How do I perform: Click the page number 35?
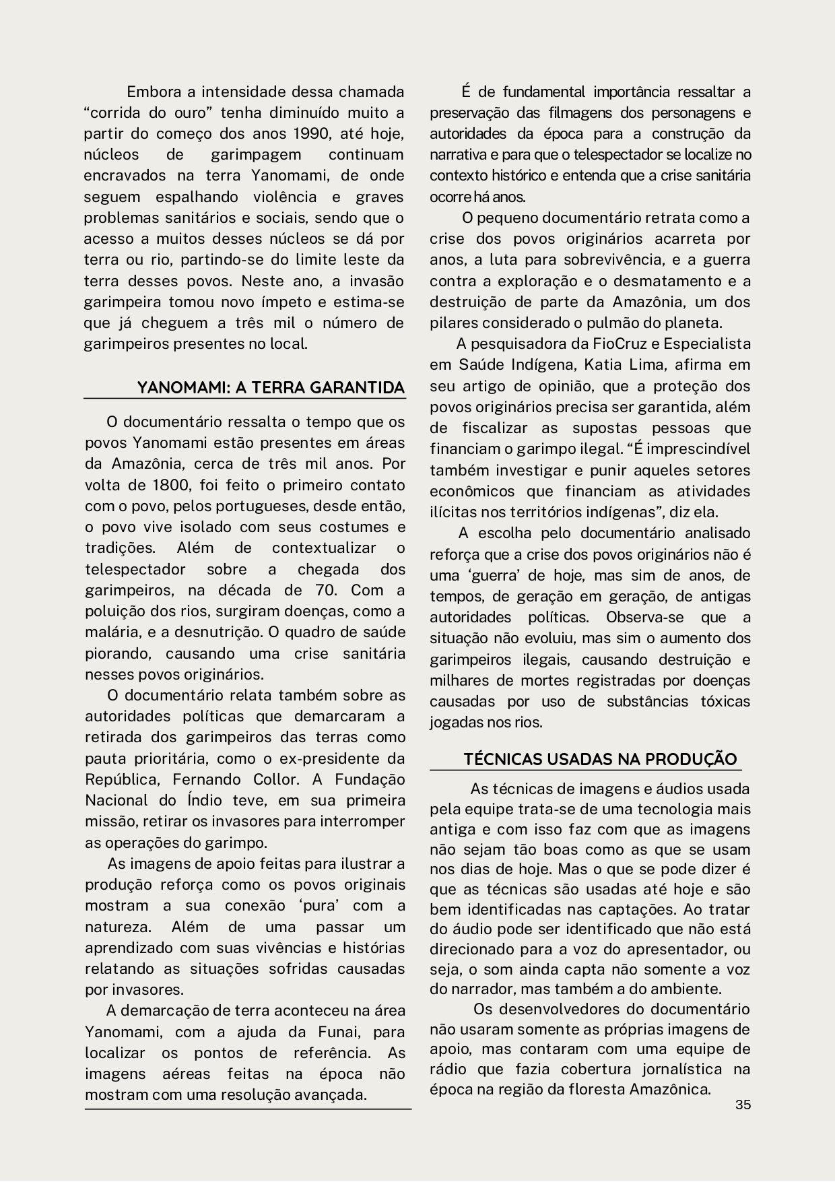click(x=743, y=1105)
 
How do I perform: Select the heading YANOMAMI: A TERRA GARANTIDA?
click(x=271, y=388)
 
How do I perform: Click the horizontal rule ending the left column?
click(x=248, y=1109)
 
